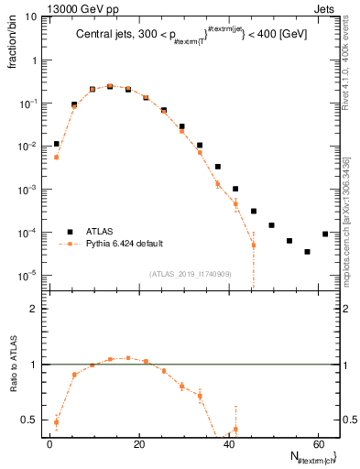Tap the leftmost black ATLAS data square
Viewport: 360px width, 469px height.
(x=56, y=144)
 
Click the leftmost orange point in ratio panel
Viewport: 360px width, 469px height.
(x=56, y=423)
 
